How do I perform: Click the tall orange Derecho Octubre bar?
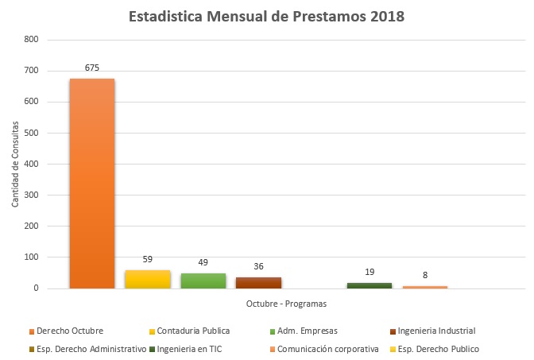[x=92, y=184]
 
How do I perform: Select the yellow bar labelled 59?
[x=148, y=279]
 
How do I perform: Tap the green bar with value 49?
[x=203, y=281]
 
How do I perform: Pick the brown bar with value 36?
[x=258, y=282]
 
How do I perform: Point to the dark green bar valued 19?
[x=369, y=285]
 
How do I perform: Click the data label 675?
[x=92, y=68]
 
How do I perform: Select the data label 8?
[x=425, y=276]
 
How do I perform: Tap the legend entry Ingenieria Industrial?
[x=436, y=331]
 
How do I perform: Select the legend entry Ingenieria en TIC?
[x=190, y=349]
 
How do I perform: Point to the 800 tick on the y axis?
[x=32, y=40]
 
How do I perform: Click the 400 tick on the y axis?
[x=32, y=164]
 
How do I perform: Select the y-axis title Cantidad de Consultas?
[x=15, y=164]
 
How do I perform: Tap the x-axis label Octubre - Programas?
[x=286, y=304]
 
